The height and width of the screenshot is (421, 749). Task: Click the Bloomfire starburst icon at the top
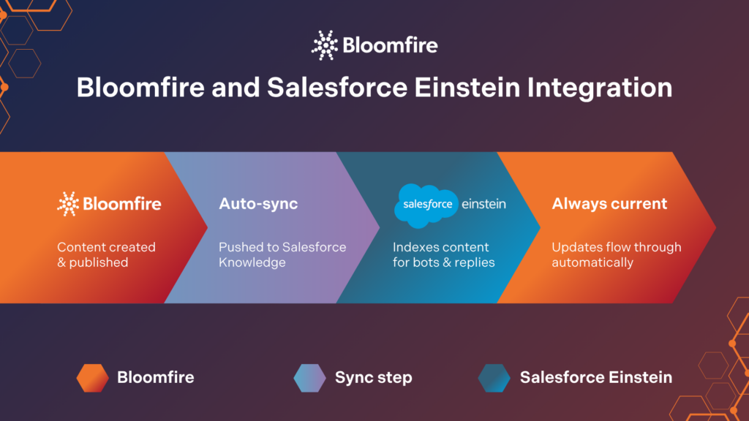[325, 45]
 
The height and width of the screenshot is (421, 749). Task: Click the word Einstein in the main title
[467, 88]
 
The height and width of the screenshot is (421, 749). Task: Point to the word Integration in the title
[600, 88]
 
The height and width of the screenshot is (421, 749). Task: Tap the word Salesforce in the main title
[336, 88]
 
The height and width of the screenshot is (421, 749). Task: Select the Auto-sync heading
[258, 204]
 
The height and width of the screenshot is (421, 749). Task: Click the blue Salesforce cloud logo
[426, 205]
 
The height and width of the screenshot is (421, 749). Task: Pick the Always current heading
[609, 204]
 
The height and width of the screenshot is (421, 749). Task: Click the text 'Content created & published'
[106, 254]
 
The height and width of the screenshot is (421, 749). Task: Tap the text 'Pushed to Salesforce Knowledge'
[282, 254]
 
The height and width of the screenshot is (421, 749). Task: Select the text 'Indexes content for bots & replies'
[443, 254]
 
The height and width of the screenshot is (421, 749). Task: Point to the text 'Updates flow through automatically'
[616, 254]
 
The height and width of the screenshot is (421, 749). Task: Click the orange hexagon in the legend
[93, 378]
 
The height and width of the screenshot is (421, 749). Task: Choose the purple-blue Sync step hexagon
[309, 378]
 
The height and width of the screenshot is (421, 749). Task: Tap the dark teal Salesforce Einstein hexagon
[494, 378]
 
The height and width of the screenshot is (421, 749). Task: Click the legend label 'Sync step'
[374, 378]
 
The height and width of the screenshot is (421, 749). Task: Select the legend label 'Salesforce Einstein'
[595, 378]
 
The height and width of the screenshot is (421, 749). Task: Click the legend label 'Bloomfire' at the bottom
[156, 378]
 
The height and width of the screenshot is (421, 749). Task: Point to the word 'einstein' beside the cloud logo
[483, 205]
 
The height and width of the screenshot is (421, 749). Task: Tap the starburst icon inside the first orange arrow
[68, 205]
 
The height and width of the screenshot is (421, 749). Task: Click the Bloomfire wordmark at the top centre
[390, 45]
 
